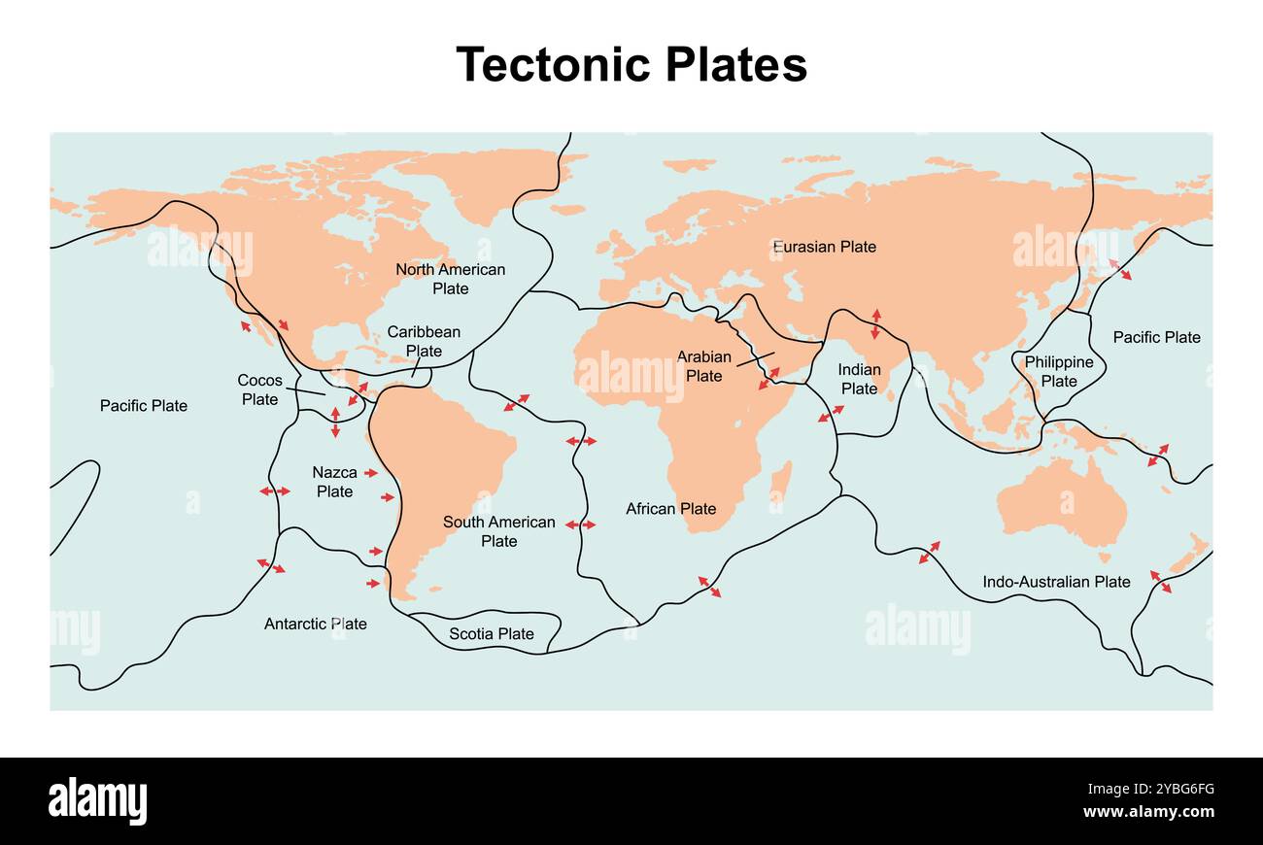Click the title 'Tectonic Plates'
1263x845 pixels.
pyautogui.click(x=631, y=65)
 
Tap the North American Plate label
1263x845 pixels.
pyautogui.click(x=450, y=279)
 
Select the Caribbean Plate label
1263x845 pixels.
pyautogui.click(x=424, y=341)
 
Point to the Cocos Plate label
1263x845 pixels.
pyautogui.click(x=259, y=389)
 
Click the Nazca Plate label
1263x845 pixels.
pyautogui.click(x=334, y=482)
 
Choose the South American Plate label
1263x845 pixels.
pyautogui.click(x=498, y=531)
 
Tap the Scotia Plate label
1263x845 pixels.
pyautogui.click(x=491, y=634)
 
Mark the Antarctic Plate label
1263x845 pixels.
pyautogui.click(x=316, y=624)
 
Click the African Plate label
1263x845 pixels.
pyautogui.click(x=670, y=508)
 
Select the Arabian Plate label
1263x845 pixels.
pyautogui.click(x=703, y=366)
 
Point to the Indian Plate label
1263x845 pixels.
pyautogui.click(x=859, y=379)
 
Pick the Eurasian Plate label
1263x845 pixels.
pyautogui.click(x=824, y=247)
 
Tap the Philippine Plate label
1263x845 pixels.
pyautogui.click(x=1059, y=371)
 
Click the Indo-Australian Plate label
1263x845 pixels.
pyautogui.click(x=1056, y=582)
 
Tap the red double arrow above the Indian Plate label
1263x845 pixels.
pyautogui.click(x=875, y=323)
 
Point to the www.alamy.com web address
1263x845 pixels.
pyautogui.click(x=1148, y=812)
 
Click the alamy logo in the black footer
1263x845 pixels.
pyautogui.click(x=97, y=801)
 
